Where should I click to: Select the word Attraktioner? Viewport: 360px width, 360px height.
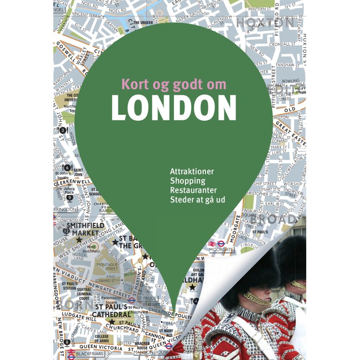click(192, 171)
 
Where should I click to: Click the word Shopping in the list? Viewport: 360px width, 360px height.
click(187, 181)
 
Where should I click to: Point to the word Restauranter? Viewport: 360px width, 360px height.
click(193, 190)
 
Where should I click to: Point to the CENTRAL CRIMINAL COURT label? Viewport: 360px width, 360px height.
click(84, 294)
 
